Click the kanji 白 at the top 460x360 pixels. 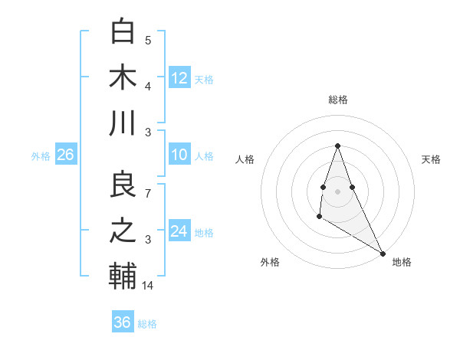pyautogui.click(x=123, y=31)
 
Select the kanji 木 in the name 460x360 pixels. pyautogui.click(x=123, y=77)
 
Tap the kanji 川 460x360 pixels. pyautogui.click(x=123, y=123)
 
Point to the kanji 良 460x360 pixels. pyautogui.click(x=123, y=185)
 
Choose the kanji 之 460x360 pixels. pyautogui.click(x=123, y=231)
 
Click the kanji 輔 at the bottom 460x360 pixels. pyautogui.click(x=123, y=277)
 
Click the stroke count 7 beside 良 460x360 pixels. pyautogui.click(x=148, y=194)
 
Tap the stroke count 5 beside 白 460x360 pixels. pyautogui.click(x=148, y=41)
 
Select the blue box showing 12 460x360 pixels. pyautogui.click(x=179, y=77)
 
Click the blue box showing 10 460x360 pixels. pyautogui.click(x=179, y=155)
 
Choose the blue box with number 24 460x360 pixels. pyautogui.click(x=179, y=231)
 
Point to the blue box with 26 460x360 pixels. pyautogui.click(x=65, y=155)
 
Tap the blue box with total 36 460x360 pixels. pyautogui.click(x=123, y=322)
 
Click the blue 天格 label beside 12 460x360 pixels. pyautogui.click(x=204, y=80)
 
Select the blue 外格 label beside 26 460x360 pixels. pyautogui.click(x=41, y=156)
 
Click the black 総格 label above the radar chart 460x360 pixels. pyautogui.click(x=337, y=100)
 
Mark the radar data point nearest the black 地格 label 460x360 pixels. pyautogui.click(x=383, y=253)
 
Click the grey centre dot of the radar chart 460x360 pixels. pyautogui.click(x=337, y=190)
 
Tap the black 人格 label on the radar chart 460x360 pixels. pyautogui.click(x=245, y=159)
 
